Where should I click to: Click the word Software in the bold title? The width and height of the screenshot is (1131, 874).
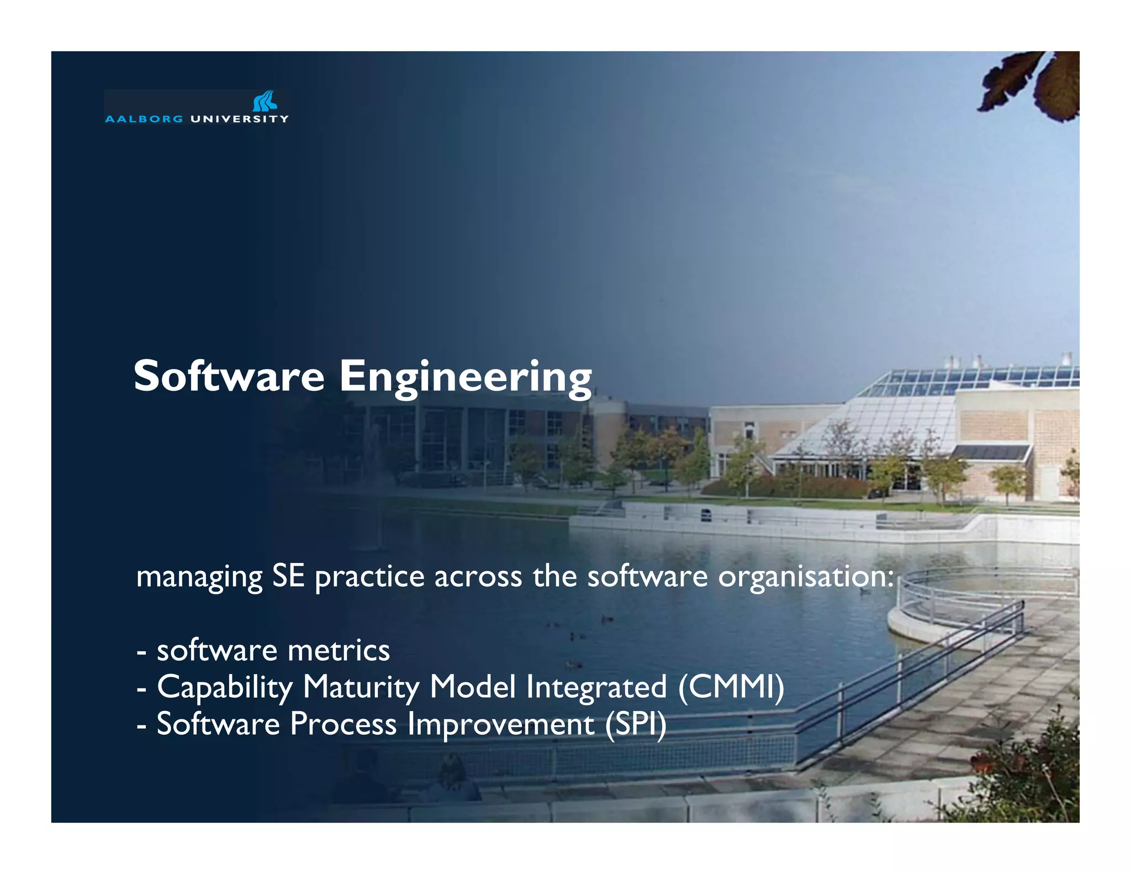[x=229, y=376]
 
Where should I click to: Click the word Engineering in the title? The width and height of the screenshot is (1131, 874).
[x=465, y=378]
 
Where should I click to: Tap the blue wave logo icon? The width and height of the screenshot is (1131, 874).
[x=265, y=102]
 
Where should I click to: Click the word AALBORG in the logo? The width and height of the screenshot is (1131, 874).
[x=144, y=119]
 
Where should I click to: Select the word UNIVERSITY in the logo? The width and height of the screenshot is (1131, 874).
[x=239, y=119]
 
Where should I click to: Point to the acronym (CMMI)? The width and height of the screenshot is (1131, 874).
[x=731, y=687]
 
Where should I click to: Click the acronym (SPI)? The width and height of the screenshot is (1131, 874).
[x=636, y=724]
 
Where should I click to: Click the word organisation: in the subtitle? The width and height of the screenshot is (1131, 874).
[x=806, y=577]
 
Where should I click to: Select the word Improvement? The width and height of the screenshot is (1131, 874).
[x=501, y=724]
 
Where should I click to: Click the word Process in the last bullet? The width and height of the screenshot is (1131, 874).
[x=343, y=724]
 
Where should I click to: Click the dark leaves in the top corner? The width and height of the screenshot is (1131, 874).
[x=1038, y=86]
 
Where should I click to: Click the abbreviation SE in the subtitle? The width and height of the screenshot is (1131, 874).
[x=288, y=576]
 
